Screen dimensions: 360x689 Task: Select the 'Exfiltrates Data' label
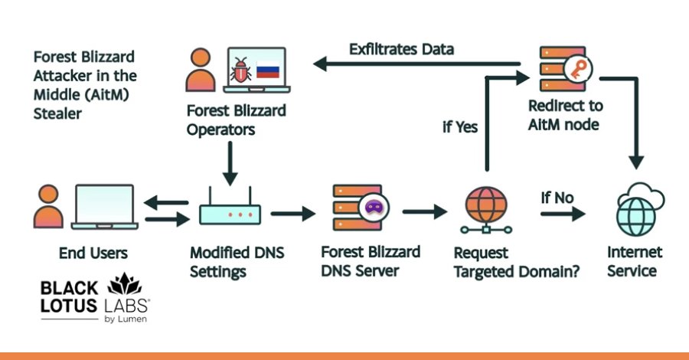click(402, 50)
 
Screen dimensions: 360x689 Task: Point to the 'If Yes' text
click(459, 126)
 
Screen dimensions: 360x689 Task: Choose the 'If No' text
click(557, 198)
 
